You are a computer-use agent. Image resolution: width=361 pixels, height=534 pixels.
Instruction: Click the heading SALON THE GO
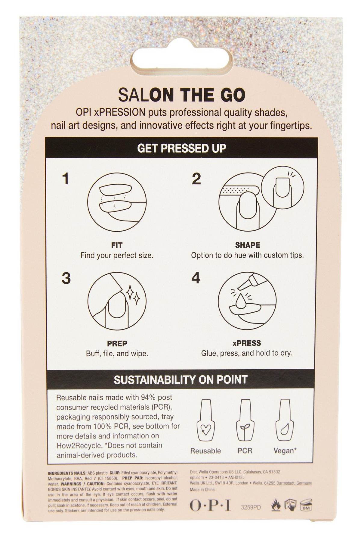coord(182,95)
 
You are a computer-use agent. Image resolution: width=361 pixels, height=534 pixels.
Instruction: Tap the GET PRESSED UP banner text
coord(181,148)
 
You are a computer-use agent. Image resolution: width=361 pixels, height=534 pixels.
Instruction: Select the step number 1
coord(66,179)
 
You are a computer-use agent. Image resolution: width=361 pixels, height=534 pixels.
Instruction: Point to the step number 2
coord(196,179)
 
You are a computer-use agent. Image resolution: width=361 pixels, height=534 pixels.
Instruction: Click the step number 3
coord(66,278)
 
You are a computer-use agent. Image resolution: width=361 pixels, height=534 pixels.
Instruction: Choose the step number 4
coord(196,278)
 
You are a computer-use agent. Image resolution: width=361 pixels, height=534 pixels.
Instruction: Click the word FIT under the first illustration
coord(117,245)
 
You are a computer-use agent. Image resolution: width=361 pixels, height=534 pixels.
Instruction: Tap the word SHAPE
coord(248,245)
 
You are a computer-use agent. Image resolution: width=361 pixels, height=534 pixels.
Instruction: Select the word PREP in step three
coord(117,343)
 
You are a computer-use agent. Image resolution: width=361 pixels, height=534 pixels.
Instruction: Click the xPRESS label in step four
coord(247,343)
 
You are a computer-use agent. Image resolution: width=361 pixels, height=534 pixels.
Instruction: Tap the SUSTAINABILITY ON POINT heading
coord(180,380)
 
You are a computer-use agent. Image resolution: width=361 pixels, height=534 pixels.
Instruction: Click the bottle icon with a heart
coord(205,420)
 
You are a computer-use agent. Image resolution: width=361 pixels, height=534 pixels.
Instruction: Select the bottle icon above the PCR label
coord(245,420)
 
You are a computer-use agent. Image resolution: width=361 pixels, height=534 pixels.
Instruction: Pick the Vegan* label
coord(285,451)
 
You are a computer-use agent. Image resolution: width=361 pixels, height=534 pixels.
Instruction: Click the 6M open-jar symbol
coord(306,505)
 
